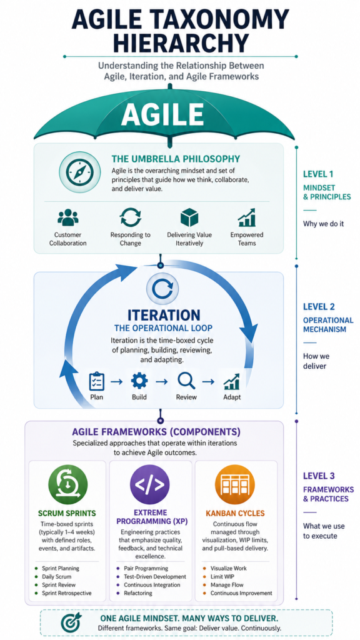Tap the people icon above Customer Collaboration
tap(67, 217)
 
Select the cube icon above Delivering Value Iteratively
tap(188, 217)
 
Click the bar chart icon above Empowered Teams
tap(246, 217)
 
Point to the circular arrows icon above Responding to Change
tap(130, 217)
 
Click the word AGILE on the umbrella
tap(162, 114)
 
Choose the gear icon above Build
tap(139, 381)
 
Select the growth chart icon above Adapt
tap(232, 382)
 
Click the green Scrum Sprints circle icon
tap(67, 485)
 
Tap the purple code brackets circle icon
tap(150, 485)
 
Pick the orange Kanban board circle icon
tap(235, 485)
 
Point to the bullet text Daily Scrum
tap(56, 576)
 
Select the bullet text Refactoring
tap(137, 593)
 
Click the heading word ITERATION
tap(158, 315)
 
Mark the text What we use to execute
tap(320, 530)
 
